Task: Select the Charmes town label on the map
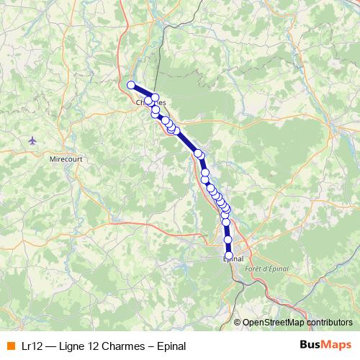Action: tap(151, 102)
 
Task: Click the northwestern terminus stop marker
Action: tap(131, 85)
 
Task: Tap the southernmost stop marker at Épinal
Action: tap(229, 256)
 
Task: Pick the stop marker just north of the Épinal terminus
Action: tap(228, 240)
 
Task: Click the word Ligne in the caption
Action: tap(77, 345)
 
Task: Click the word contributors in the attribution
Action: tap(328, 323)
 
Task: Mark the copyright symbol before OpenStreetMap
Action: tap(237, 323)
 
